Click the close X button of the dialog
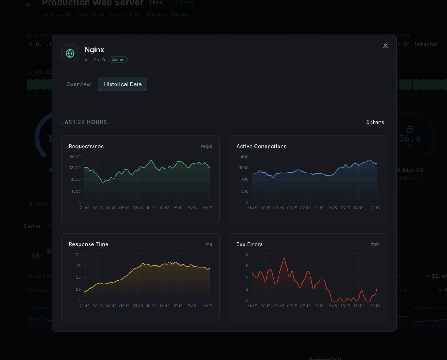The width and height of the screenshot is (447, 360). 385,46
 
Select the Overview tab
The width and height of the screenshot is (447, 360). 79,84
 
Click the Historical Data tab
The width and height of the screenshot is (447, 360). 123,84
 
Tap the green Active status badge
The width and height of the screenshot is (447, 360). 118,60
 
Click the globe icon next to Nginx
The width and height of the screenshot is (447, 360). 70,53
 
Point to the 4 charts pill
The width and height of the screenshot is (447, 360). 375,122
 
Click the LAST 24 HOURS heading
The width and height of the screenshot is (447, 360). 84,122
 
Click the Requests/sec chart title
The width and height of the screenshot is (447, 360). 86,147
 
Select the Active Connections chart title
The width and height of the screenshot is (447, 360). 261,147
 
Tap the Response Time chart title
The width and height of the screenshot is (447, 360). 89,244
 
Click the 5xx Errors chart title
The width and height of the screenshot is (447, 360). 249,244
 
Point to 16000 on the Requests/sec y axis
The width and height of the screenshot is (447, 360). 75,157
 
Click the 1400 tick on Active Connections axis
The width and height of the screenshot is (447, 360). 243,157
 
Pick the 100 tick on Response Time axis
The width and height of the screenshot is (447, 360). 77,255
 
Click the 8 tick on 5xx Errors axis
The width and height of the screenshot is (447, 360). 247,255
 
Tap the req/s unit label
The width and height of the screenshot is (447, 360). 206,147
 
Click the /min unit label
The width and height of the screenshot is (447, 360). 375,244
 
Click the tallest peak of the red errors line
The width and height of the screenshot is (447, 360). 284,258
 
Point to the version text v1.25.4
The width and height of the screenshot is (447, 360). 95,60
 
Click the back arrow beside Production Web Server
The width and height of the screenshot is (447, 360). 29,5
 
